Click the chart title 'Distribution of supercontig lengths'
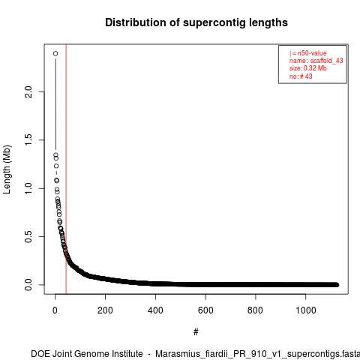(x=196, y=22)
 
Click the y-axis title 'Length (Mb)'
(x=7, y=169)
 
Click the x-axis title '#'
(x=196, y=331)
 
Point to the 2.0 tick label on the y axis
(x=28, y=91)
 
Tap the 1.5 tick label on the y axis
(x=28, y=140)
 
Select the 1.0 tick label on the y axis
(x=28, y=188)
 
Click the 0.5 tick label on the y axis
(x=28, y=236)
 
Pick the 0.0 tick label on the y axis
(x=28, y=285)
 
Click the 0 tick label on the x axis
(x=55, y=310)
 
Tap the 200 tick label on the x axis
(x=105, y=310)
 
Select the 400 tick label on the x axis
(x=155, y=310)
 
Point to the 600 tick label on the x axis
(x=205, y=310)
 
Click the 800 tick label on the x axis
(x=256, y=310)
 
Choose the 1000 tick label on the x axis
(x=306, y=310)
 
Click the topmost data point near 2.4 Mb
(x=55, y=53)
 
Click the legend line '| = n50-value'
(x=308, y=53)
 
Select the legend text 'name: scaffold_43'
(x=316, y=61)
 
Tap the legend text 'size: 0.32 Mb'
(x=308, y=68)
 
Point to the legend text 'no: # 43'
(x=301, y=76)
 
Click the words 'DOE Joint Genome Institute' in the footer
(x=87, y=354)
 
